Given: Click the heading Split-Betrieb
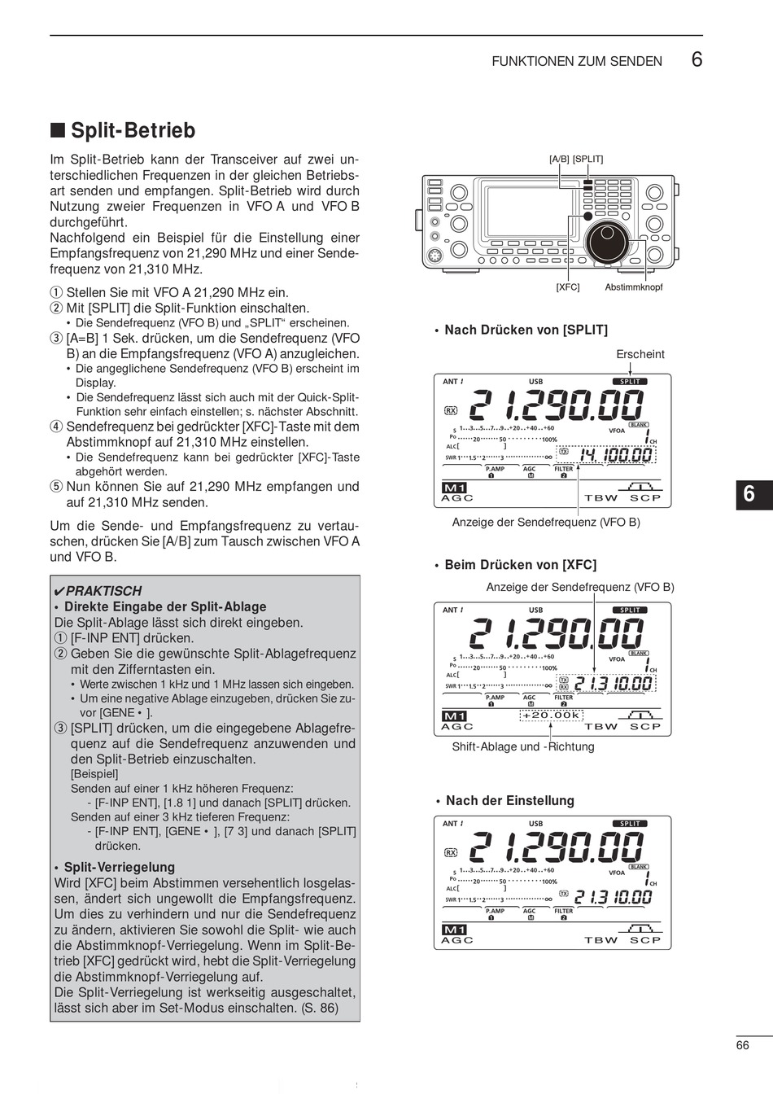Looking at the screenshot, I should pos(133,130).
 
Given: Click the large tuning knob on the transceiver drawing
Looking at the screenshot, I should pos(606,240).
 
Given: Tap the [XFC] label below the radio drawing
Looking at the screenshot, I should pos(568,287).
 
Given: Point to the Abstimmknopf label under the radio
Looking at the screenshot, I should pos(634,287).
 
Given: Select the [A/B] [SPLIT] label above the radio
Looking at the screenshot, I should pos(576,160).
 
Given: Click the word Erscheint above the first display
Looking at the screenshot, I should pos(640,354).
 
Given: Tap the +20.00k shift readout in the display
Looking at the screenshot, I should pos(552,715).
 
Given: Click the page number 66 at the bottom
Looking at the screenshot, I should pos(742,1045).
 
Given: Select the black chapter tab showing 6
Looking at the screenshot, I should pos(749,495).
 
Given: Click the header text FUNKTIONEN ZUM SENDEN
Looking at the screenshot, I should pos(577,61).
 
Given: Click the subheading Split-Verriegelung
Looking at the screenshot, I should pos(119,867).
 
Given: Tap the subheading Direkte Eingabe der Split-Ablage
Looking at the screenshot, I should pos(165,606).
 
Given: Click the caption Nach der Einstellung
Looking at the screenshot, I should pos(510,800).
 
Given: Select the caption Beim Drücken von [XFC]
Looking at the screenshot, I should pos(520,565).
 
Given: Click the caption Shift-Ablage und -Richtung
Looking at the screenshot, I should pos(523,746).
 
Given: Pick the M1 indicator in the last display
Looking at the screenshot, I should pos(453,930).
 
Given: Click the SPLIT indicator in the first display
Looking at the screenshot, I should pos(630,381).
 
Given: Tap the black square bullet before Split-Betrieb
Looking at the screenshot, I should pos(57,130).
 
